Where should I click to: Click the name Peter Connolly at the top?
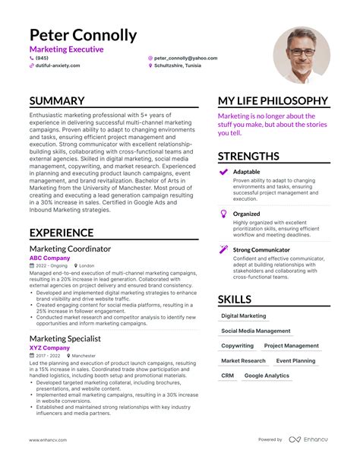(x=84, y=35)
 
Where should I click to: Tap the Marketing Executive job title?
(x=67, y=49)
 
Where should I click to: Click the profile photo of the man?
(x=302, y=55)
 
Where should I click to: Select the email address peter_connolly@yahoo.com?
(x=185, y=58)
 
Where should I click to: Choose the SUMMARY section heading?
(x=57, y=101)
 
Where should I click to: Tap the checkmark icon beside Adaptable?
(x=223, y=173)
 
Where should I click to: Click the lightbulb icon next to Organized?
(x=223, y=214)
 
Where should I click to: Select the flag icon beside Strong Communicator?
(x=223, y=249)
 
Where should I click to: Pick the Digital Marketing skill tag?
(x=244, y=315)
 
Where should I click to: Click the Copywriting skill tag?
(x=238, y=346)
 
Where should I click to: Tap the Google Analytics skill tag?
(x=267, y=376)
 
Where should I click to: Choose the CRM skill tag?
(x=228, y=376)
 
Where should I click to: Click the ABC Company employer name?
(x=49, y=258)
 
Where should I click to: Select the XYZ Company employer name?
(x=49, y=347)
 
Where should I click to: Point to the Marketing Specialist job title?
(x=65, y=338)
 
